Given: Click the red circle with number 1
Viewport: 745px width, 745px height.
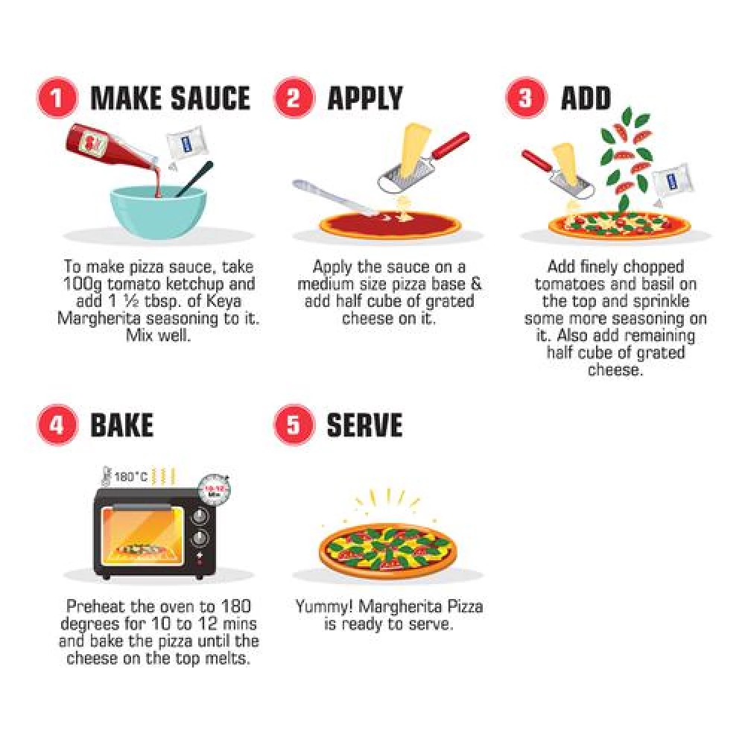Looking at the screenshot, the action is pos(57,98).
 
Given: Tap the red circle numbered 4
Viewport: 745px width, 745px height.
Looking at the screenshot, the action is pos(57,425).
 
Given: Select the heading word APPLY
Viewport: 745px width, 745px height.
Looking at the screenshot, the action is pos(365,98).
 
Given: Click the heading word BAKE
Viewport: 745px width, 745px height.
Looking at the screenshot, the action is pos(121,425).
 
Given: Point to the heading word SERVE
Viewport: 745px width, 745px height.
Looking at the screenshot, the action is pos(364,425).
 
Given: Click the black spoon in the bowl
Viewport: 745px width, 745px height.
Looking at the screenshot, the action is pos(194,179).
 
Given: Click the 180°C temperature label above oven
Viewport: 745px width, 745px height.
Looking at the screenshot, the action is pos(131,477).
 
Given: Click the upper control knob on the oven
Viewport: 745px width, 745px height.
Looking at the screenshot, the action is pos(199,516).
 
